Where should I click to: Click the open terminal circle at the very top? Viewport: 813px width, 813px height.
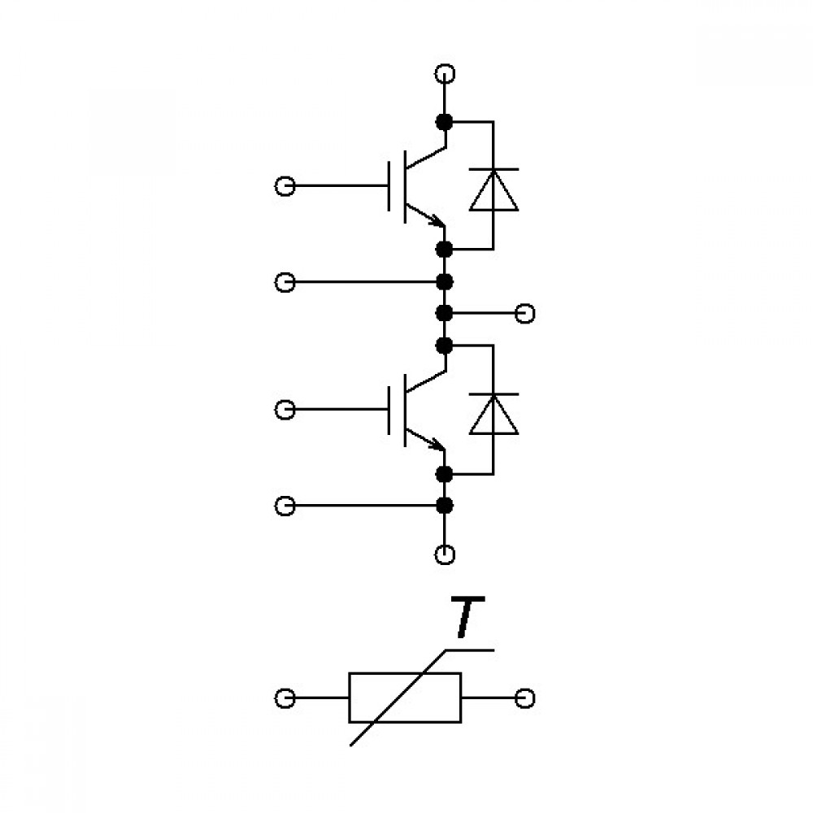pyautogui.click(x=445, y=74)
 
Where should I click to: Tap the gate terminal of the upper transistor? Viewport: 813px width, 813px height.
pyautogui.click(x=285, y=185)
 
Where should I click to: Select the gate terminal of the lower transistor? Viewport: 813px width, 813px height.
pyautogui.click(x=285, y=410)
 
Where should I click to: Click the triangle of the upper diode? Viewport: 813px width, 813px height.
pyautogui.click(x=493, y=190)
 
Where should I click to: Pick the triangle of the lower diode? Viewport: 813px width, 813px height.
pyautogui.click(x=493, y=415)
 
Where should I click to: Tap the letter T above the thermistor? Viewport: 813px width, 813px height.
pyautogui.click(x=467, y=616)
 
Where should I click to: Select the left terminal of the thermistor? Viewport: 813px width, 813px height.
pyautogui.click(x=285, y=698)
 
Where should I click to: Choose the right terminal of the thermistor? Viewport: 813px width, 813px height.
pyautogui.click(x=524, y=698)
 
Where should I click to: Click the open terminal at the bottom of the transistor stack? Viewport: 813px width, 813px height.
pyautogui.click(x=445, y=554)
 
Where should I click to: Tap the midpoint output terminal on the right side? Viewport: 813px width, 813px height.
pyautogui.click(x=524, y=314)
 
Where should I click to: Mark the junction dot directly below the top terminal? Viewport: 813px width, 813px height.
pyautogui.click(x=445, y=123)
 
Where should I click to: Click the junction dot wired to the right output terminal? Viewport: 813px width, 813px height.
pyautogui.click(x=445, y=314)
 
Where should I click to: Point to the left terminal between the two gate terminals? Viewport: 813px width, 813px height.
pyautogui.click(x=285, y=283)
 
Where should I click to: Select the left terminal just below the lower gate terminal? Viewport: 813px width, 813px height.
pyautogui.click(x=285, y=506)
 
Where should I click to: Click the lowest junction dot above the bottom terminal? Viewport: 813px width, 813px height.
pyautogui.click(x=445, y=506)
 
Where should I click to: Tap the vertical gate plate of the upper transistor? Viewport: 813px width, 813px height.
pyautogui.click(x=389, y=186)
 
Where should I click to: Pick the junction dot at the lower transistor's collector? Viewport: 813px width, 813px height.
pyautogui.click(x=445, y=346)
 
